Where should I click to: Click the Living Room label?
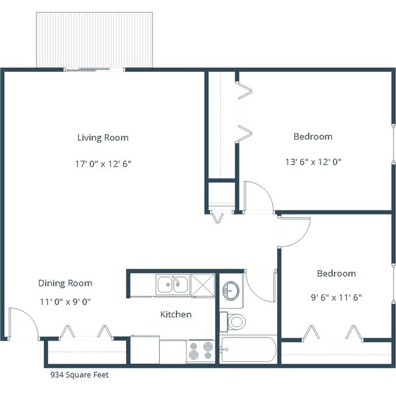tap(102, 138)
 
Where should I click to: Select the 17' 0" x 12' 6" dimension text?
tap(102, 163)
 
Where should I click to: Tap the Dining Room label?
tap(65, 283)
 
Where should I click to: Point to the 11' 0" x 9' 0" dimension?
tap(65, 301)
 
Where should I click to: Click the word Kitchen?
tap(175, 315)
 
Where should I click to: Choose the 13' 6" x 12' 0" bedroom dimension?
tap(313, 162)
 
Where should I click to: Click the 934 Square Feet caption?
tap(79, 375)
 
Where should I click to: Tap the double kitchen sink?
tap(172, 285)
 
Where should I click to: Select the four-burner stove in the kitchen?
tap(201, 352)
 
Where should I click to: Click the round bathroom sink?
tap(231, 290)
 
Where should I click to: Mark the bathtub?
tap(249, 350)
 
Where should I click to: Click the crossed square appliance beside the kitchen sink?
tap(202, 285)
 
